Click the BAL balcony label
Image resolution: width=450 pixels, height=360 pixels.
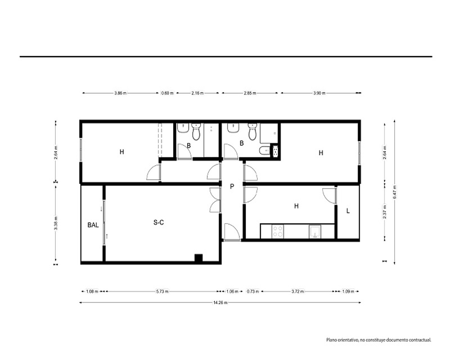pyautogui.click(x=93, y=225)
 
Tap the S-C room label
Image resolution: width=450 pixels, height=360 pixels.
pyautogui.click(x=159, y=222)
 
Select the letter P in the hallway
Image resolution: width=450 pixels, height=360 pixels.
pyautogui.click(x=232, y=187)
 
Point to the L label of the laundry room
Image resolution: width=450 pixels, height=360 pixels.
pyautogui.click(x=348, y=211)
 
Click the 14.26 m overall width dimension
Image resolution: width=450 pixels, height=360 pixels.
pyautogui.click(x=220, y=302)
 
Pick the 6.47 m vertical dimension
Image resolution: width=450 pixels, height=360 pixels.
pyautogui.click(x=395, y=192)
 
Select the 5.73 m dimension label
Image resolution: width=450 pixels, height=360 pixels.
pyautogui.click(x=162, y=292)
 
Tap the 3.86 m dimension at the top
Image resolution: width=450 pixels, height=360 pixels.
pyautogui.click(x=120, y=93)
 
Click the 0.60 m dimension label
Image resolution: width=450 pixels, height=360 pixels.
pyautogui.click(x=167, y=93)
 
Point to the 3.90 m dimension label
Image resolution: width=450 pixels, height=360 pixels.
pyautogui.click(x=319, y=93)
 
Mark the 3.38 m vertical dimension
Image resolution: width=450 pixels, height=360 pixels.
pyautogui.click(x=56, y=223)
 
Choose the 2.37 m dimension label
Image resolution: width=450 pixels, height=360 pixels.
pyautogui.click(x=385, y=211)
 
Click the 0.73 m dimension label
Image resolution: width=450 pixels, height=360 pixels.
pyautogui.click(x=253, y=292)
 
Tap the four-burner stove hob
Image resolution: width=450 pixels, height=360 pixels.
pyautogui.click(x=278, y=231)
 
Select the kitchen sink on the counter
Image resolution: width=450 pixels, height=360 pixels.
pyautogui.click(x=315, y=232)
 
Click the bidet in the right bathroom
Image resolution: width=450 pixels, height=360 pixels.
pyautogui.click(x=264, y=151)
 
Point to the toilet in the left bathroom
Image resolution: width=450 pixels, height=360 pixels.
pyautogui.click(x=196, y=132)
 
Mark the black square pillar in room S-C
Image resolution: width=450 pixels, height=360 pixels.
pyautogui.click(x=198, y=258)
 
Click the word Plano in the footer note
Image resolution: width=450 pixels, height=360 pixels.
pyautogui.click(x=332, y=340)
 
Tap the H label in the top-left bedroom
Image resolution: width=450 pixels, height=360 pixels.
pyautogui.click(x=121, y=152)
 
